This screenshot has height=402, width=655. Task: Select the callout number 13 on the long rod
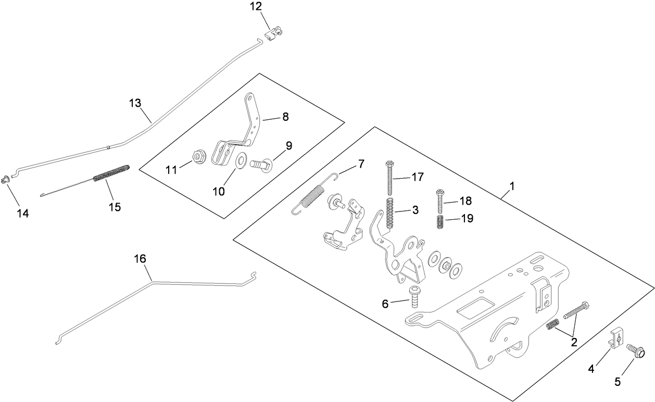[135, 103]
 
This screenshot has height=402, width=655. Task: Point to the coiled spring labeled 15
[110, 173]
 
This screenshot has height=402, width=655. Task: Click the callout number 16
[140, 259]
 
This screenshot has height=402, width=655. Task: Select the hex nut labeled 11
[198, 156]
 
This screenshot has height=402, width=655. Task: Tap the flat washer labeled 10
[241, 160]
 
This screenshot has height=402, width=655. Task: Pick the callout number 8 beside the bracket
[285, 117]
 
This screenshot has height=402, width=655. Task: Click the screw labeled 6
[414, 298]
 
